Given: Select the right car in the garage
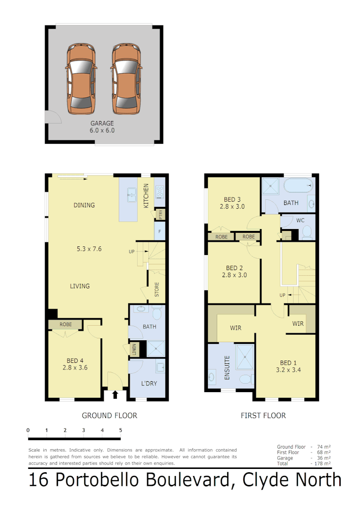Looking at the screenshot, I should coord(126,79).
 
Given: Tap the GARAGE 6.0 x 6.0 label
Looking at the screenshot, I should coord(102,127).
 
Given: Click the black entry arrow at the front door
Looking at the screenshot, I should coord(115,394).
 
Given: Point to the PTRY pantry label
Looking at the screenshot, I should coord(161,214).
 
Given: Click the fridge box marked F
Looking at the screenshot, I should coord(160,231).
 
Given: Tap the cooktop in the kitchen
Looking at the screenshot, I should coord(160,191).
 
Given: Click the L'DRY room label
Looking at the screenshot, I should coord(149,383).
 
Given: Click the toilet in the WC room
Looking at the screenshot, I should coord(306,231).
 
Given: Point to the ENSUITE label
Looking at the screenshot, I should coord(227,368).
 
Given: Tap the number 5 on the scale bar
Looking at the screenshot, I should coord(121,430).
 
